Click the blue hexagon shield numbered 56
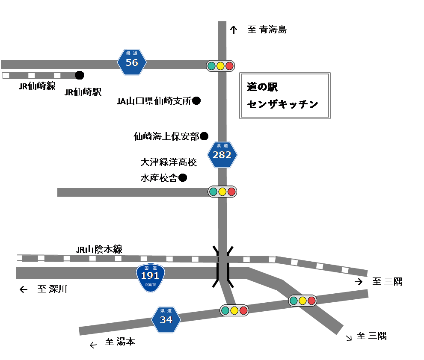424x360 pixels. (x=132, y=62)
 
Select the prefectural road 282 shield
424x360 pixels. (x=222, y=155)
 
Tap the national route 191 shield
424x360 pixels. (x=150, y=277)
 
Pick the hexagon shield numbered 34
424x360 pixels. (x=166, y=319)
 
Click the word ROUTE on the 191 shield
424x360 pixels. (x=151, y=285)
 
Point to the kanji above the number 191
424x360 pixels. (x=150, y=268)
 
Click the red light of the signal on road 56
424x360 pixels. (x=229, y=66)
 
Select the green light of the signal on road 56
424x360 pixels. (x=211, y=66)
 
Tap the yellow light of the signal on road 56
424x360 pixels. (x=220, y=66)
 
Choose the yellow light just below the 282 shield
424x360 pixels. (x=222, y=192)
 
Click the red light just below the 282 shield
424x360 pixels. (x=231, y=192)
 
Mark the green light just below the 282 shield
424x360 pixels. (x=213, y=192)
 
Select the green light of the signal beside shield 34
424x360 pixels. (x=225, y=310)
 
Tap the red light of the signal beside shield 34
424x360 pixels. (x=243, y=310)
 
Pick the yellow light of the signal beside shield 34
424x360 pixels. (x=234, y=310)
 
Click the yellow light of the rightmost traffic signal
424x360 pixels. (x=302, y=301)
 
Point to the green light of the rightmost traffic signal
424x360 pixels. (x=294, y=301)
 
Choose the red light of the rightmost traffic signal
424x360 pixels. (x=311, y=301)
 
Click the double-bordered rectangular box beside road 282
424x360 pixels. (x=285, y=95)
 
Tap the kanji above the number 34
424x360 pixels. (x=166, y=310)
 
